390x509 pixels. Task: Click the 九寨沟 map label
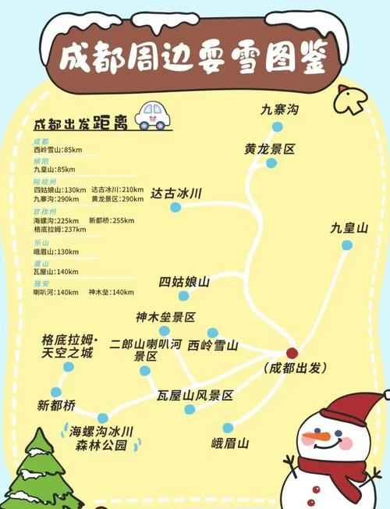279,110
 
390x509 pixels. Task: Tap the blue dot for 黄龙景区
271,163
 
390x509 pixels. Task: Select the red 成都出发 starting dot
292,353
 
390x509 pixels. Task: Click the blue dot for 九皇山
347,245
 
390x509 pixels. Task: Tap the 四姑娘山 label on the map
185,282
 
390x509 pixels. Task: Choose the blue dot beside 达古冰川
175,208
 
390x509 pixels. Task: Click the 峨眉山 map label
230,443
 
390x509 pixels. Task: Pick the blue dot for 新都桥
55,392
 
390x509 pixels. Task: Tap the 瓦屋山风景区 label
195,396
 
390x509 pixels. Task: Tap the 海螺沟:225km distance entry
57,220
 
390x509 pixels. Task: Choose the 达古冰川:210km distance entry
117,190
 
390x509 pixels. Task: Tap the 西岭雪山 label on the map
212,344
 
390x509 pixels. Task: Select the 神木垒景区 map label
165,317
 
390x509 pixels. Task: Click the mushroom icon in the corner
350,100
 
